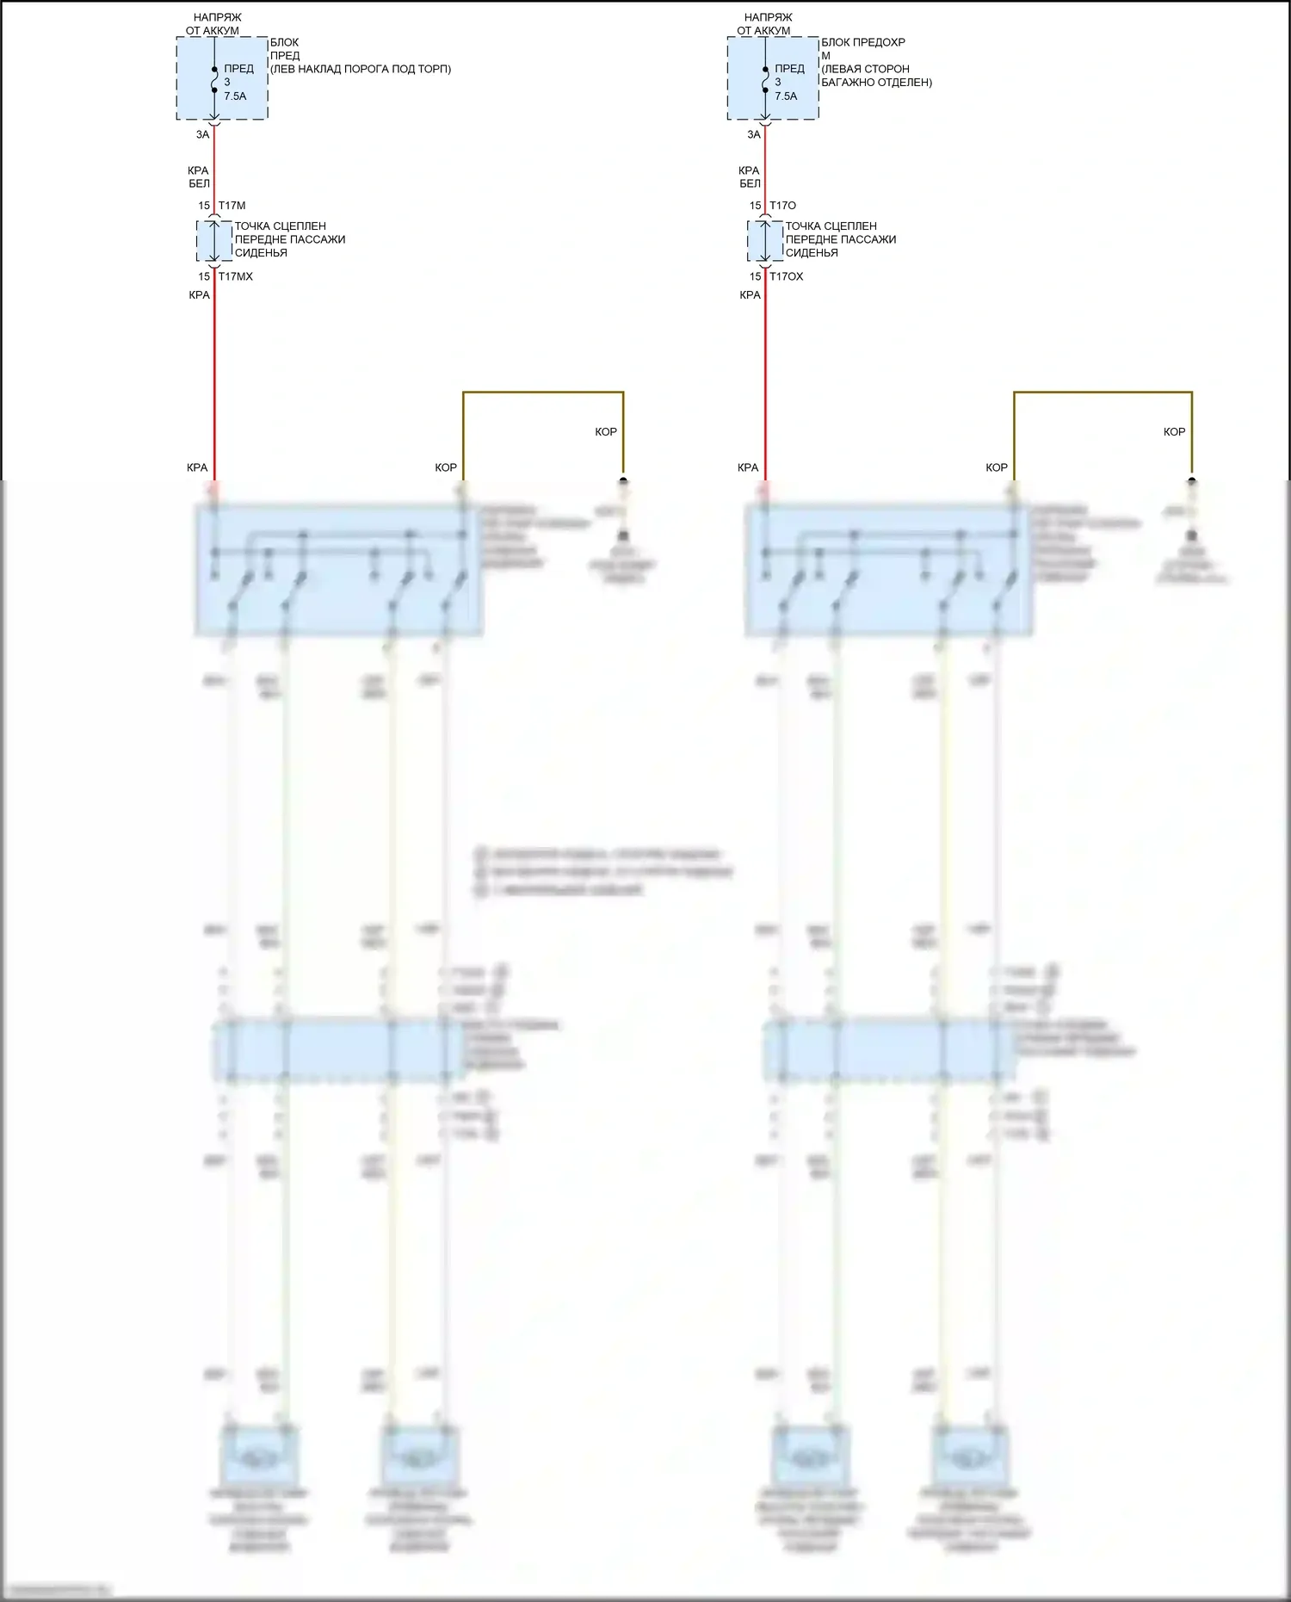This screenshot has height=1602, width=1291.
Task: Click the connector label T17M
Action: pyautogui.click(x=232, y=206)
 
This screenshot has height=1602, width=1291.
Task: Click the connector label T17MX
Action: pyautogui.click(x=235, y=276)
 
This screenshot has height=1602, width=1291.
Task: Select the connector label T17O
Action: pyautogui.click(x=782, y=206)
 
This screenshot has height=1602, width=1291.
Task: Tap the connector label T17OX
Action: pyautogui.click(x=786, y=276)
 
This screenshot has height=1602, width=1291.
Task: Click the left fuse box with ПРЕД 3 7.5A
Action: pyautogui.click(x=222, y=78)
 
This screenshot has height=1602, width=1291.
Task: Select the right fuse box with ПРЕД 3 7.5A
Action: pyautogui.click(x=773, y=78)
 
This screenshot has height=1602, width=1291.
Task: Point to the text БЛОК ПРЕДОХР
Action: pyautogui.click(x=862, y=42)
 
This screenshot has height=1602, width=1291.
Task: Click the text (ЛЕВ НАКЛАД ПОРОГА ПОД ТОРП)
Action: pyautogui.click(x=361, y=69)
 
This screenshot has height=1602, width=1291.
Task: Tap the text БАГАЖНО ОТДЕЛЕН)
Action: pyautogui.click(x=876, y=83)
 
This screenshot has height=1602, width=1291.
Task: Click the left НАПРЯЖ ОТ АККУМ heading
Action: pyautogui.click(x=213, y=24)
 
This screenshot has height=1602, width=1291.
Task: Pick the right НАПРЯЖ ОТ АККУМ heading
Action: pyautogui.click(x=763, y=24)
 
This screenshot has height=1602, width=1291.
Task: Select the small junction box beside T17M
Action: pyautogui.click(x=213, y=241)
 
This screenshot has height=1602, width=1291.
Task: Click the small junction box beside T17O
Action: pyautogui.click(x=764, y=241)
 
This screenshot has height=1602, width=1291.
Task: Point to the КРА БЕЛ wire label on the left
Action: pyautogui.click(x=199, y=176)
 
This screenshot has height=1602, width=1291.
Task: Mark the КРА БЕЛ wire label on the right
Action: pyautogui.click(x=750, y=176)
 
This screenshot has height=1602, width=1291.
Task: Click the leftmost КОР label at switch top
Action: pyautogui.click(x=446, y=467)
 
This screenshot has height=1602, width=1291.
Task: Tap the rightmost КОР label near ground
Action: pyautogui.click(x=1174, y=431)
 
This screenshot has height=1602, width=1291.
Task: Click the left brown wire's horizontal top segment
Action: pyautogui.click(x=542, y=393)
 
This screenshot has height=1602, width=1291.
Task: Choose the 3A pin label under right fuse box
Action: pyautogui.click(x=754, y=134)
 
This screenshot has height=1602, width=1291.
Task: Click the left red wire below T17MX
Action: pyautogui.click(x=213, y=379)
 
